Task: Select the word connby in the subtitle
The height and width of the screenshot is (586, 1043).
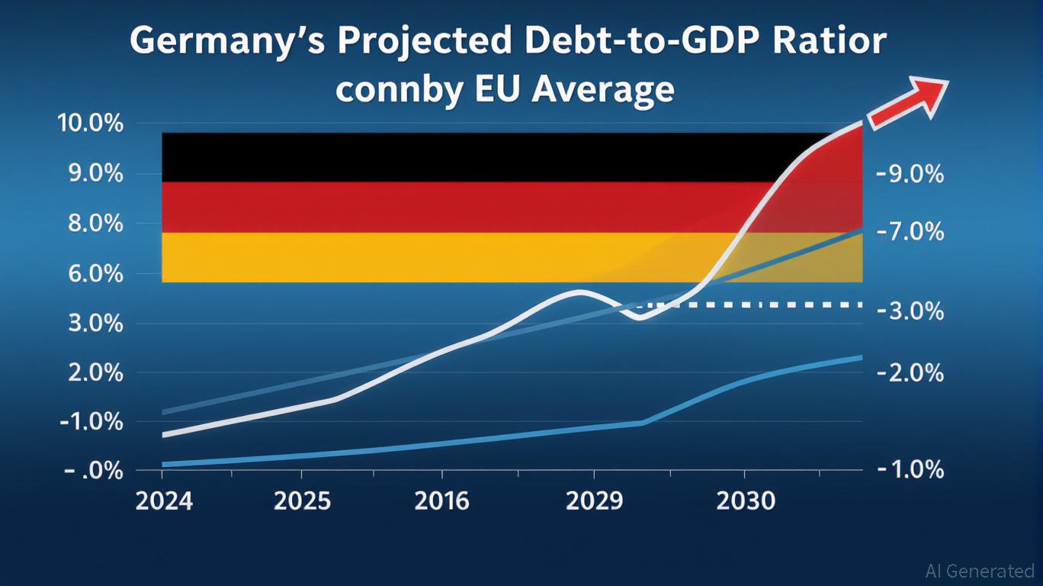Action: [398, 90]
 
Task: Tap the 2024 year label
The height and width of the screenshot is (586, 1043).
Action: [164, 501]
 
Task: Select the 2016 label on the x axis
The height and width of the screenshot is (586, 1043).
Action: [442, 501]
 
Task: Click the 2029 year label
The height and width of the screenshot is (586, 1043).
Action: [595, 501]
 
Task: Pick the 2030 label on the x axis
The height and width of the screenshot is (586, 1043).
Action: [746, 501]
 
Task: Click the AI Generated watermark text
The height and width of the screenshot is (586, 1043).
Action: [979, 571]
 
